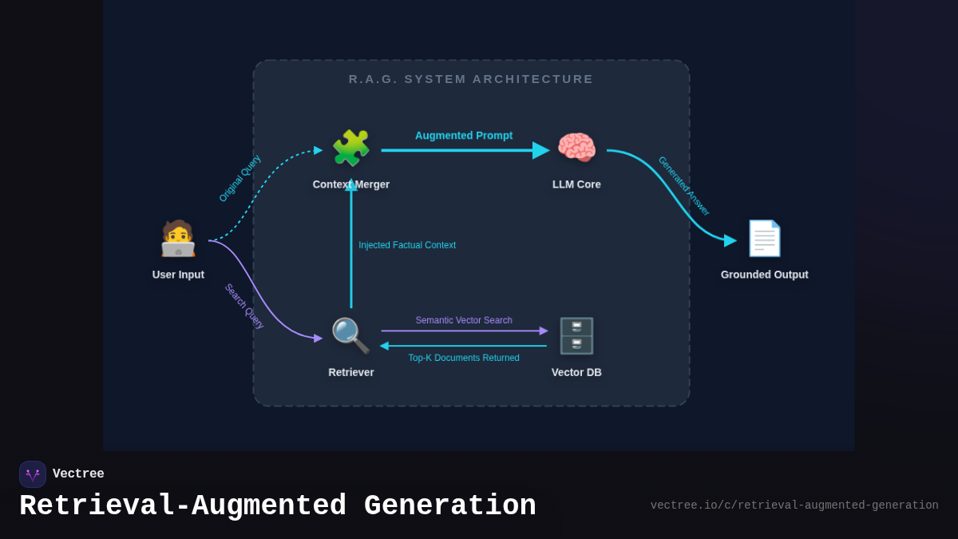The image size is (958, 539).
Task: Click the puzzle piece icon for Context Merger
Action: [x=350, y=149]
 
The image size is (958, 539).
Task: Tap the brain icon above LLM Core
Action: [x=576, y=149]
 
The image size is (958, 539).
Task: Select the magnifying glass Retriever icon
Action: [x=350, y=335]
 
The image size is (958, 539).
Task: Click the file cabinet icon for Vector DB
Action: [x=576, y=335]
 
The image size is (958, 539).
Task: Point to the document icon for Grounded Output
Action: [x=764, y=238]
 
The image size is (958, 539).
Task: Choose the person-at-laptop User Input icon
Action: [x=178, y=238]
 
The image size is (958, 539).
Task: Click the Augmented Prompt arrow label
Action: [x=464, y=136]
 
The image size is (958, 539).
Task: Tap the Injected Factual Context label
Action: [x=407, y=245]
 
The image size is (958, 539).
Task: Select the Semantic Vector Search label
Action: [x=464, y=320]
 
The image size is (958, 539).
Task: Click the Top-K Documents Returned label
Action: [x=464, y=358]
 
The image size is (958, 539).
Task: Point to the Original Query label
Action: [x=239, y=178]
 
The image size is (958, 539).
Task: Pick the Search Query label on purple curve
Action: [x=243, y=306]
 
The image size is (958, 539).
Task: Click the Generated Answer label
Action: [x=683, y=186]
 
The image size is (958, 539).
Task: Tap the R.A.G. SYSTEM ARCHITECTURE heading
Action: [x=471, y=79]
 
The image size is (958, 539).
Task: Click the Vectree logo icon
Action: [x=33, y=474]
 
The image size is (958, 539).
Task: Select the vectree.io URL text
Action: [x=794, y=505]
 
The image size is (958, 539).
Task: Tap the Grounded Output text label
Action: [x=764, y=275]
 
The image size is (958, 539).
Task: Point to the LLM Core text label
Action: [x=576, y=184]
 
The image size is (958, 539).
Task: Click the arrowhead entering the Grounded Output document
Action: [x=730, y=240]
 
